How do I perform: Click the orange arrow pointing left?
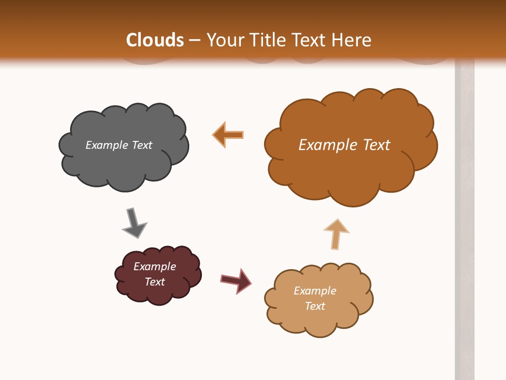point(228,135)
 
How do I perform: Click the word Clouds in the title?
point(155,40)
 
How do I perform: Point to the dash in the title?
point(194,40)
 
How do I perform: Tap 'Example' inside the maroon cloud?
point(155,267)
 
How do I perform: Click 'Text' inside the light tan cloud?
point(315,306)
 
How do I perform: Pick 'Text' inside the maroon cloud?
point(155,282)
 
